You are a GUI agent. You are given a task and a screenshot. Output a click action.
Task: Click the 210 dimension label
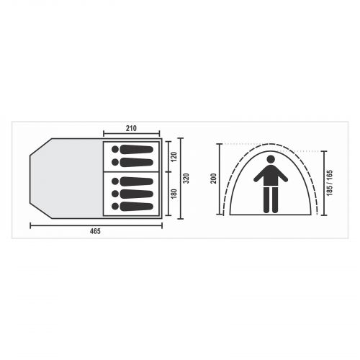[131, 128]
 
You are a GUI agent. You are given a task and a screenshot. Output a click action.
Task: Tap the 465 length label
[95, 231]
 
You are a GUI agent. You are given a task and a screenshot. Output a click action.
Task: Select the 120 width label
[174, 157]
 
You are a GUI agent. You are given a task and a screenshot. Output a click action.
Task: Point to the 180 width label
[174, 194]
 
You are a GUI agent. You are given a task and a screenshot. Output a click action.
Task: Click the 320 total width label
[186, 178]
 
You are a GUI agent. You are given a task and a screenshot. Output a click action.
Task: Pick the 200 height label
[214, 179]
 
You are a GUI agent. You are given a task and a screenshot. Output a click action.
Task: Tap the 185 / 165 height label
[330, 183]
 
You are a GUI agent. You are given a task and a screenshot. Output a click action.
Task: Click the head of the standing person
[271, 159]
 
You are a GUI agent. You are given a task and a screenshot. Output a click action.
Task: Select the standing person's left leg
[266, 200]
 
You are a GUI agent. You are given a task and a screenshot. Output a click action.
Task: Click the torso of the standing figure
[271, 176]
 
